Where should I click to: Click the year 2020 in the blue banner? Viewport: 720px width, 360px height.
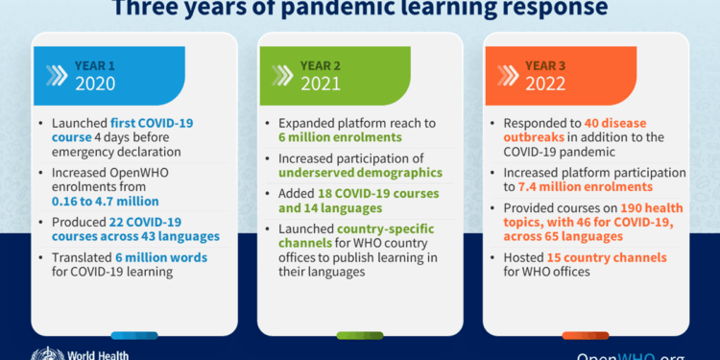tap(94, 84)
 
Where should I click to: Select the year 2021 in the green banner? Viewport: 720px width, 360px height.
tap(322, 84)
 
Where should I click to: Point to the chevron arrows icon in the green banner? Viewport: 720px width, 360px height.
tap(281, 75)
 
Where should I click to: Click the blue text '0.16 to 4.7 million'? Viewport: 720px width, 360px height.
tap(107, 202)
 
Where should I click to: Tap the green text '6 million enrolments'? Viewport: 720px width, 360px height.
tap(327, 139)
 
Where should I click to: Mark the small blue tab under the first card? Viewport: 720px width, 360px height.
tap(134, 335)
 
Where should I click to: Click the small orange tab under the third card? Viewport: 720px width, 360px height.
tap(586, 335)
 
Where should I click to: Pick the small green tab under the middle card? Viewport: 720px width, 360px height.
tap(360, 335)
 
